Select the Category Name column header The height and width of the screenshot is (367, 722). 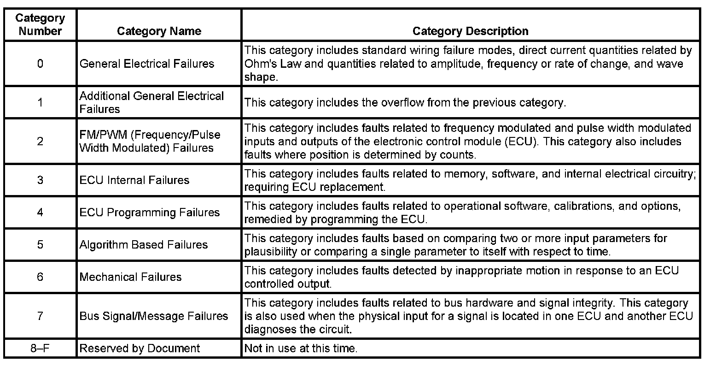[159, 31]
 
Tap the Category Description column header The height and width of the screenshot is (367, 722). [470, 31]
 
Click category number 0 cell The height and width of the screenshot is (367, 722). [40, 64]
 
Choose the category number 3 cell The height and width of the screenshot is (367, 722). [40, 180]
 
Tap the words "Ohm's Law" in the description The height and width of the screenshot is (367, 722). [273, 64]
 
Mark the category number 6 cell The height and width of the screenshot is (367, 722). [40, 277]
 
